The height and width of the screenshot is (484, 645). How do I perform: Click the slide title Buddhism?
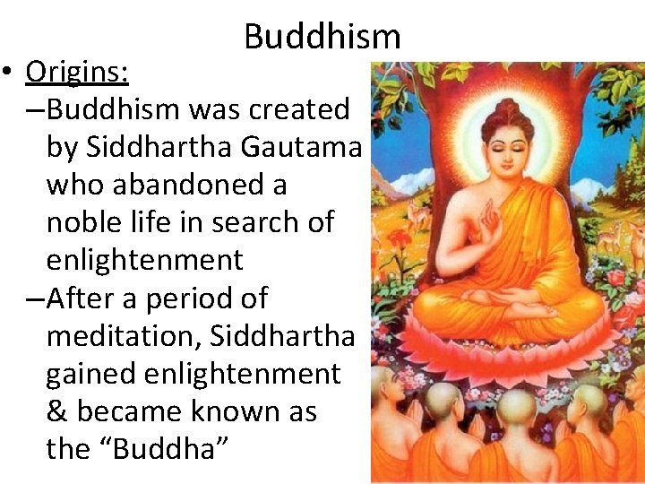click(x=322, y=36)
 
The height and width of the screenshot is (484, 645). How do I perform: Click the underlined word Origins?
click(x=77, y=70)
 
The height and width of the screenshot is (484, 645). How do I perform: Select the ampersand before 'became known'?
click(x=56, y=411)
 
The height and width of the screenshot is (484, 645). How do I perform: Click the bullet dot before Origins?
click(x=10, y=72)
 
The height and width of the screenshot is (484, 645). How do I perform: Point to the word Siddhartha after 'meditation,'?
click(x=283, y=335)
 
